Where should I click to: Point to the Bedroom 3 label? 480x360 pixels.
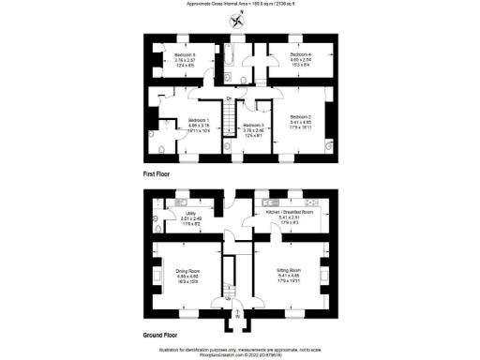tap(254, 125)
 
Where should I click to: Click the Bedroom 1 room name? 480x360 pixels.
tap(200, 121)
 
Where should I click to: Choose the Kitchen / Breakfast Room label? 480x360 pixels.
tap(288, 213)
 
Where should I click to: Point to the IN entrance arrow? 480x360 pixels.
tap(239, 315)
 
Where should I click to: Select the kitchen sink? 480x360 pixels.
tap(271, 202)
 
